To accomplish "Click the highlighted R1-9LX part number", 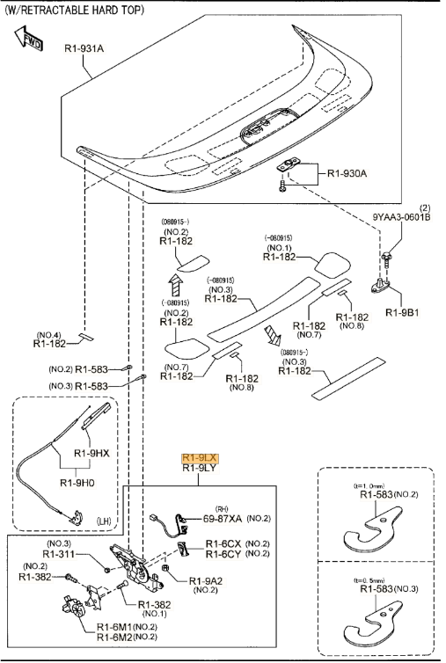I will click(x=199, y=457).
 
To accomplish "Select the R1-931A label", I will click(x=84, y=48).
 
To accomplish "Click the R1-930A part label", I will click(x=347, y=173).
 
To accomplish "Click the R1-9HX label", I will click(x=91, y=453).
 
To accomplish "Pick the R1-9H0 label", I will click(x=78, y=483).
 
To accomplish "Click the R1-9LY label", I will click(x=199, y=469).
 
